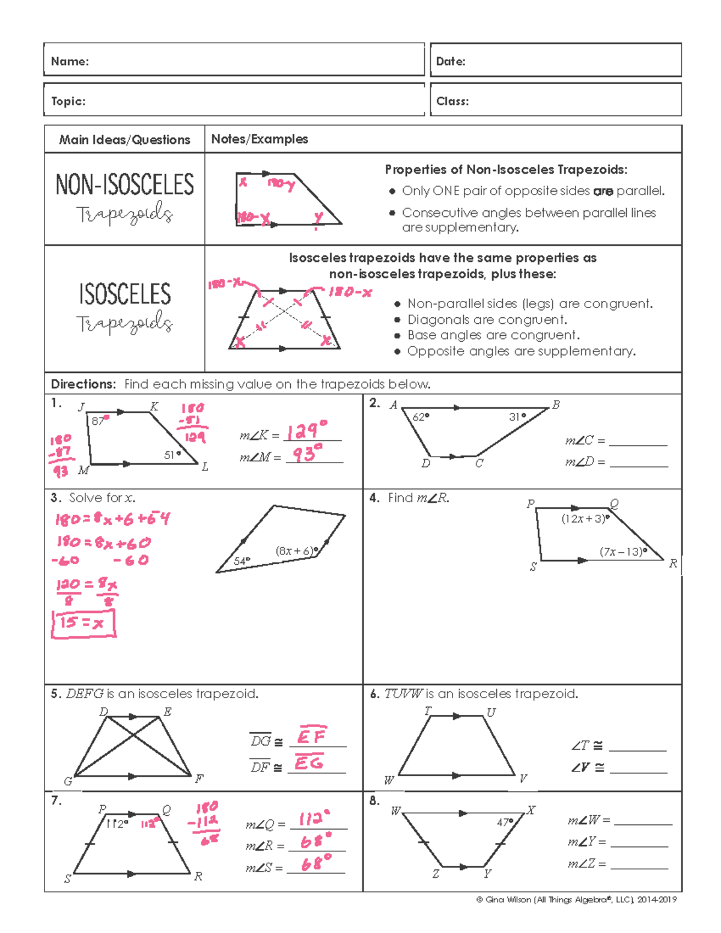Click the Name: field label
click(70, 61)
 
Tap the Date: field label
click(451, 61)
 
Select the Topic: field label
click(68, 101)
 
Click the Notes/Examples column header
click(260, 139)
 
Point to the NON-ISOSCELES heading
click(124, 184)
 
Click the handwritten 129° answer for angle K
click(307, 431)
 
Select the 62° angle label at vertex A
click(421, 416)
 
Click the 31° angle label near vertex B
click(517, 416)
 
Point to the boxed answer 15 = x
click(83, 623)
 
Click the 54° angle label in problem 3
click(242, 561)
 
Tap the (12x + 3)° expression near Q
click(585, 518)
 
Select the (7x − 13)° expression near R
click(624, 552)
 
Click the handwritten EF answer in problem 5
click(312, 735)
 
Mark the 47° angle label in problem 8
click(505, 822)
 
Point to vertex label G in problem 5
click(68, 781)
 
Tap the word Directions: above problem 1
click(83, 384)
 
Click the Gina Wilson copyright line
click(576, 899)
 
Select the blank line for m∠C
click(637, 445)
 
